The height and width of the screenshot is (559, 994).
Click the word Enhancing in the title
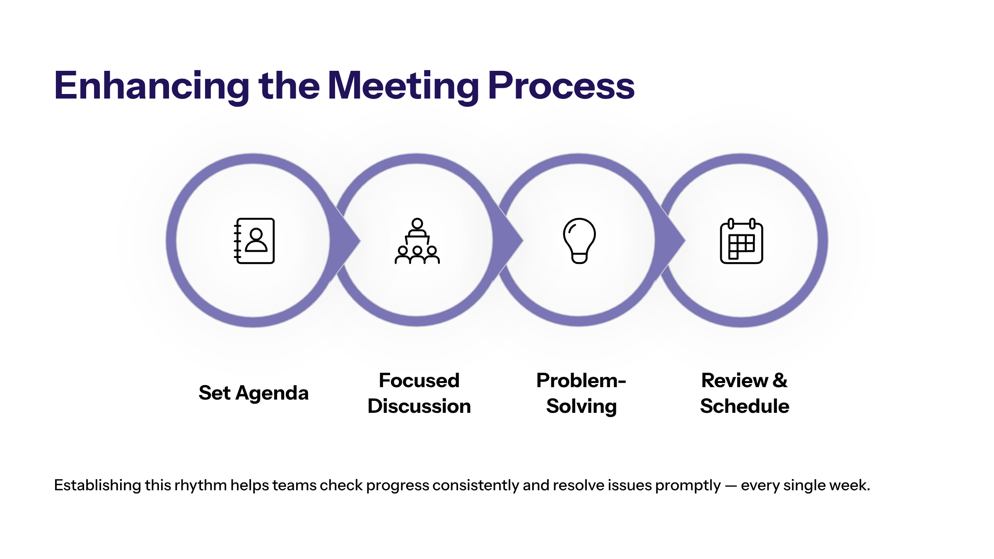(x=152, y=86)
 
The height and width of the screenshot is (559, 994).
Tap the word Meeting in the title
(x=403, y=86)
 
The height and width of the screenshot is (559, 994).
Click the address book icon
(x=254, y=241)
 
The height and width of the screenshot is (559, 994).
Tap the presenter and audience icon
(x=417, y=241)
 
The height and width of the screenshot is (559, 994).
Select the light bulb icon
(x=579, y=241)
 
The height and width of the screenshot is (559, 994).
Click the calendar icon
(x=741, y=241)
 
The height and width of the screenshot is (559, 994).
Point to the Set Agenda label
(x=253, y=393)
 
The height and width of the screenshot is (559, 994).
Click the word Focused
(x=419, y=380)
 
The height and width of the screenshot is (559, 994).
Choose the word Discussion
(x=419, y=406)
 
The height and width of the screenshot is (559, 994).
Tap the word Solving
(x=581, y=406)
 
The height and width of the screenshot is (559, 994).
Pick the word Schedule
(x=745, y=406)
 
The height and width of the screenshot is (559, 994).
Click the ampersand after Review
(x=780, y=380)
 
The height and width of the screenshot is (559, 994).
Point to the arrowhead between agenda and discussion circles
(x=346, y=240)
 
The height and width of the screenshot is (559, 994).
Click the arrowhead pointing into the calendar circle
(x=671, y=240)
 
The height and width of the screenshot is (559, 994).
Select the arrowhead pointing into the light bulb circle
(x=508, y=240)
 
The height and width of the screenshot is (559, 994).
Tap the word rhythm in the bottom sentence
(x=200, y=485)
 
